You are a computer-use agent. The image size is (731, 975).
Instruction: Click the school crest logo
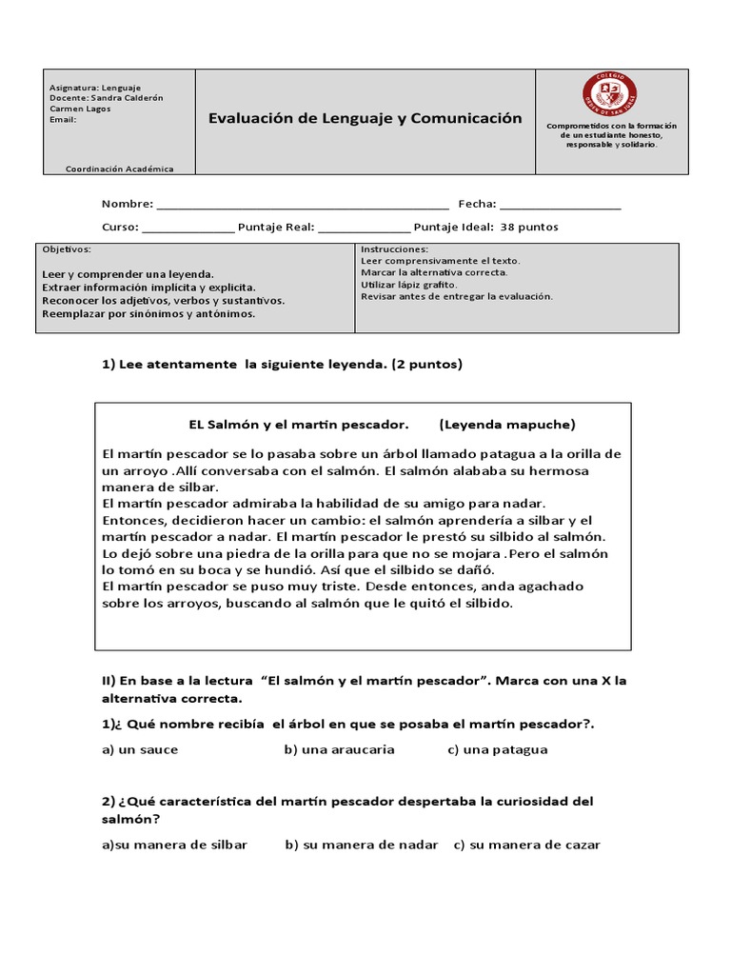pos(609,94)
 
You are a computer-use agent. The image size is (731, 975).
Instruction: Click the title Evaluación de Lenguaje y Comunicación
pos(365,118)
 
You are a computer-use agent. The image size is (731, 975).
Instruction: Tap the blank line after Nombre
pos(302,204)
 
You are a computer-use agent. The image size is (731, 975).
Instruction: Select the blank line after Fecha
pos(560,204)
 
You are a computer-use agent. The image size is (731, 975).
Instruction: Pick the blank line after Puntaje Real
pos(365,228)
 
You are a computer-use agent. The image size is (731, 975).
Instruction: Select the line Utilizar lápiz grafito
pos(409,284)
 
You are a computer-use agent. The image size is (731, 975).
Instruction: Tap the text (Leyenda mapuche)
pos(508,424)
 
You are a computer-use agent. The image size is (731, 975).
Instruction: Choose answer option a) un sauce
pos(140,749)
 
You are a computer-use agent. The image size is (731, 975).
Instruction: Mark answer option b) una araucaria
pos(339,749)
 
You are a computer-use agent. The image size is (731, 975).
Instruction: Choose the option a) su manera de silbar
pos(174,845)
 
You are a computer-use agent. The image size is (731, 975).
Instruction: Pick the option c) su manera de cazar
pos(526,845)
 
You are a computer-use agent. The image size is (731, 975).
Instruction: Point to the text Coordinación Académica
pos(120,169)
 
